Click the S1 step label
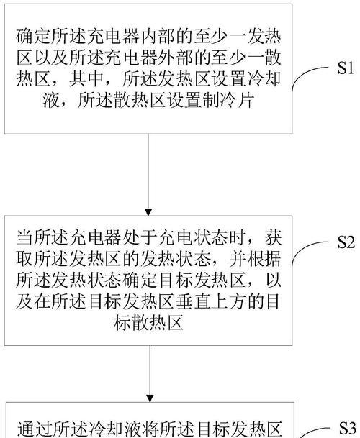coord(345,68)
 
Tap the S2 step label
coord(346,242)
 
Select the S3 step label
coord(347,427)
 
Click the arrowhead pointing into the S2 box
coord(148,212)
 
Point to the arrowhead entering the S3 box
coord(150,398)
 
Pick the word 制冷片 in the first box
coord(228,100)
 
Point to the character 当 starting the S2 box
coord(24,238)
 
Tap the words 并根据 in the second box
coord(255,260)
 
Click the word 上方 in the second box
coord(228,302)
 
